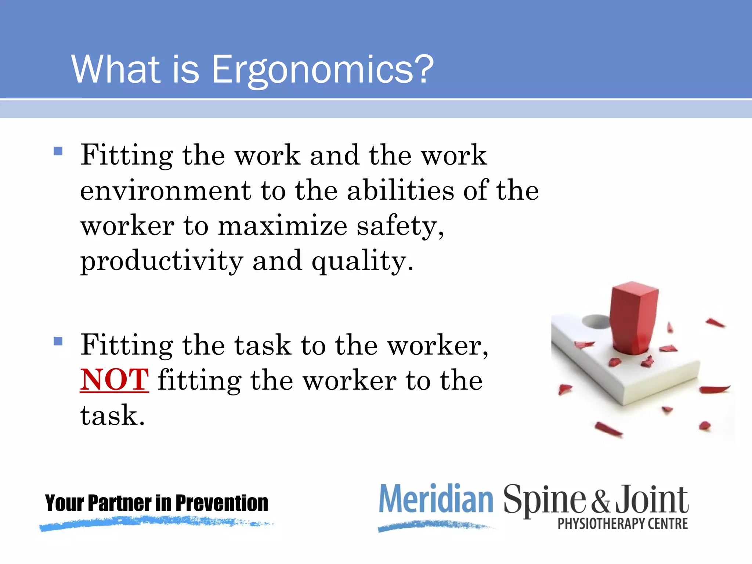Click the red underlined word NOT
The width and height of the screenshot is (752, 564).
(x=114, y=380)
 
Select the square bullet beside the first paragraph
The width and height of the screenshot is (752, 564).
(x=58, y=151)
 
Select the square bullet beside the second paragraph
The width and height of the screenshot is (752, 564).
(x=58, y=341)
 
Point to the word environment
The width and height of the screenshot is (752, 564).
(x=166, y=191)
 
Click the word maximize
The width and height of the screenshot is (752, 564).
(x=282, y=225)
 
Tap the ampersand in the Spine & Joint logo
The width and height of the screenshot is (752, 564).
(x=600, y=501)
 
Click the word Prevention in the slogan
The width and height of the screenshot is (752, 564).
(x=222, y=503)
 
